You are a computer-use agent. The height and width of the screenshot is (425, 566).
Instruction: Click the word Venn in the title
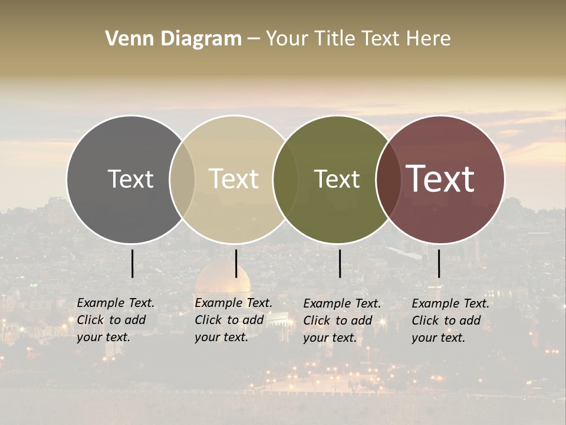click(124, 39)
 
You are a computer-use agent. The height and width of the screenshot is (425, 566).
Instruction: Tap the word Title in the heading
click(335, 39)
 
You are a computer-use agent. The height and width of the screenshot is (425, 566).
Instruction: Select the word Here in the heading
click(429, 39)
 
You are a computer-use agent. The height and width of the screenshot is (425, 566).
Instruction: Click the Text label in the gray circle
click(130, 179)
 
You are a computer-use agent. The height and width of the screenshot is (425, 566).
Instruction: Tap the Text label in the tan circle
click(233, 179)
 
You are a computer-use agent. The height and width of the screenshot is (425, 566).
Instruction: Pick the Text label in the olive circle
click(337, 179)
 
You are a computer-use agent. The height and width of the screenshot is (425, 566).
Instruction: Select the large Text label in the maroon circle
click(440, 179)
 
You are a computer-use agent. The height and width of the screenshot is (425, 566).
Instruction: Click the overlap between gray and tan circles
click(182, 179)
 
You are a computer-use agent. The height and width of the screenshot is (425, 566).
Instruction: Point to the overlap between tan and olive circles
click(285, 179)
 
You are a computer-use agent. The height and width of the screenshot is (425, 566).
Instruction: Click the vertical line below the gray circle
click(132, 263)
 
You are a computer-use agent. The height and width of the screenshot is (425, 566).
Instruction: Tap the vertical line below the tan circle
click(236, 263)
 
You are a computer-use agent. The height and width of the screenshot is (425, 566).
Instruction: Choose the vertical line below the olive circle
click(340, 263)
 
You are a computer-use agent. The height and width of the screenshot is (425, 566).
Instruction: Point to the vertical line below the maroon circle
click(439, 263)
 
